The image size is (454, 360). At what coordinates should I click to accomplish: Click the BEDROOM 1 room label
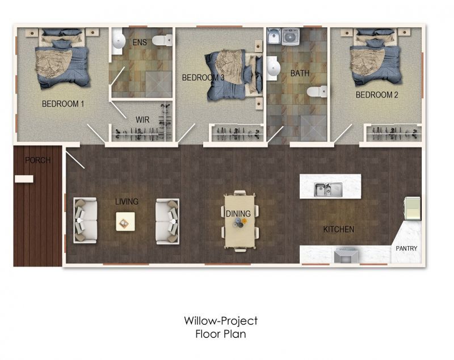click(x=63, y=104)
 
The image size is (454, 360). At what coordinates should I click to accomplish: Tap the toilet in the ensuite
click(x=164, y=40)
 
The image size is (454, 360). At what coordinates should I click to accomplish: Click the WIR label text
click(x=142, y=120)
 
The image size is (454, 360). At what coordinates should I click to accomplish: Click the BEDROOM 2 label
click(x=377, y=95)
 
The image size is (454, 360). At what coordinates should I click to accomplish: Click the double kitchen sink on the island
click(x=329, y=189)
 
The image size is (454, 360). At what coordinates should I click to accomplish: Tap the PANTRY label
click(x=406, y=248)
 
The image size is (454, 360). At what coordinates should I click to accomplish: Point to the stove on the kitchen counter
click(x=346, y=256)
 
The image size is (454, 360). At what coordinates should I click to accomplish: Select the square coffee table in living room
click(x=126, y=221)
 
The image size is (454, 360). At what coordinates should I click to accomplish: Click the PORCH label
click(x=37, y=160)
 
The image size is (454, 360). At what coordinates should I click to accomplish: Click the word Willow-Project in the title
click(x=221, y=321)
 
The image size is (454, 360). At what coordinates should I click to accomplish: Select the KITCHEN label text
click(x=338, y=230)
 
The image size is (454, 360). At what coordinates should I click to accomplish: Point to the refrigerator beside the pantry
click(x=412, y=207)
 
